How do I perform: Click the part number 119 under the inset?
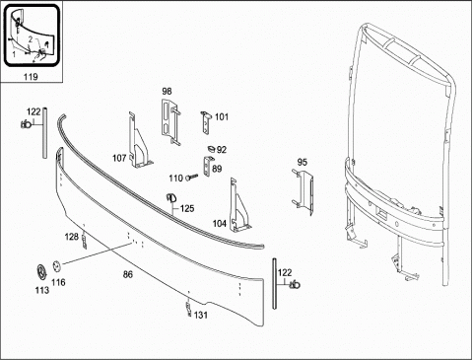31,77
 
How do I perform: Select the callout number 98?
167,91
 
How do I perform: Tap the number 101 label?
222,116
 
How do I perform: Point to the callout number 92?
222,150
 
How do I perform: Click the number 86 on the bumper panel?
128,274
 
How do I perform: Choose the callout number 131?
201,315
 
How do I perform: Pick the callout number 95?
303,162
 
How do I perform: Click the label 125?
187,208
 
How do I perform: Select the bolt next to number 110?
192,178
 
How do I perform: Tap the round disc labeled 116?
57,266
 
